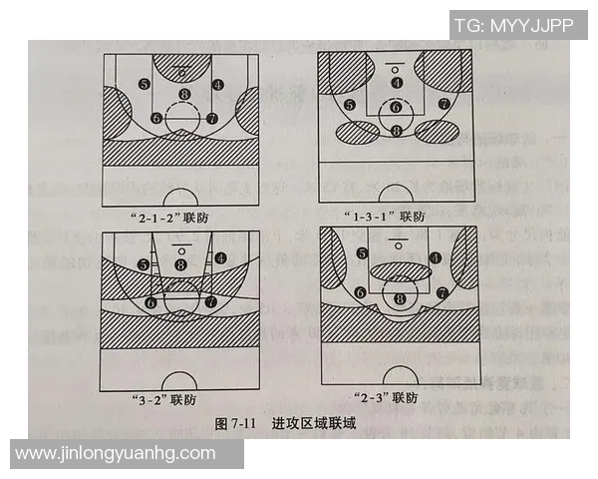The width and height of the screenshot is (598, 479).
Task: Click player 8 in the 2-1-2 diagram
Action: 182,95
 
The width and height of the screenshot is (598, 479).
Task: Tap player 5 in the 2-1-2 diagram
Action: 145,85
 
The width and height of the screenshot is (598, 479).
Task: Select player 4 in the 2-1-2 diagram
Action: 218,85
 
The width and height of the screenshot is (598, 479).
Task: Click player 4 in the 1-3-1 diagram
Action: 397,83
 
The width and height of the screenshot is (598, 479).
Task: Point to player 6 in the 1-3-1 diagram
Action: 397,107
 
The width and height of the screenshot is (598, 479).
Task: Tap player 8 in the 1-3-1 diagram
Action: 397,131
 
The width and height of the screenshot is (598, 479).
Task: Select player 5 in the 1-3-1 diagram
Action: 349,104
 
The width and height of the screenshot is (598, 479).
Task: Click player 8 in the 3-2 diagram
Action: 180,263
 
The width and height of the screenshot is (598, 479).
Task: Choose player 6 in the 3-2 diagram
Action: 151,301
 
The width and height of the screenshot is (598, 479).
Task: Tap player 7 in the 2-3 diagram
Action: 442,292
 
